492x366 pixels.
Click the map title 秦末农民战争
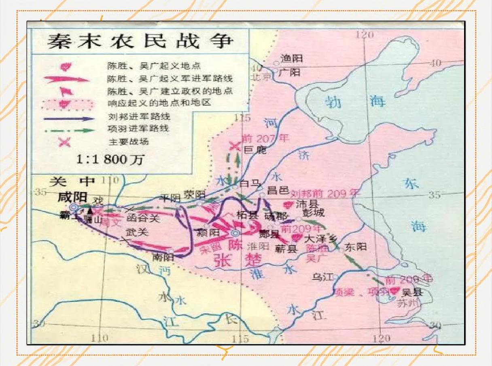140,41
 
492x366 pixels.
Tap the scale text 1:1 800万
110,159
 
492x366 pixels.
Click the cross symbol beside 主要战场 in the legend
65,142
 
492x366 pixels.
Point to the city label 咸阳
72,197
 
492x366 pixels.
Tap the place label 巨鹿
256,150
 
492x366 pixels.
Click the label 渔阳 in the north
292,59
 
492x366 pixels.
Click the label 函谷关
143,219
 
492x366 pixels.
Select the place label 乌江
322,277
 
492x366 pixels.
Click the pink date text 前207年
265,138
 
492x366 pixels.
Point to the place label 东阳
356,246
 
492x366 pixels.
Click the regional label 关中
72,182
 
